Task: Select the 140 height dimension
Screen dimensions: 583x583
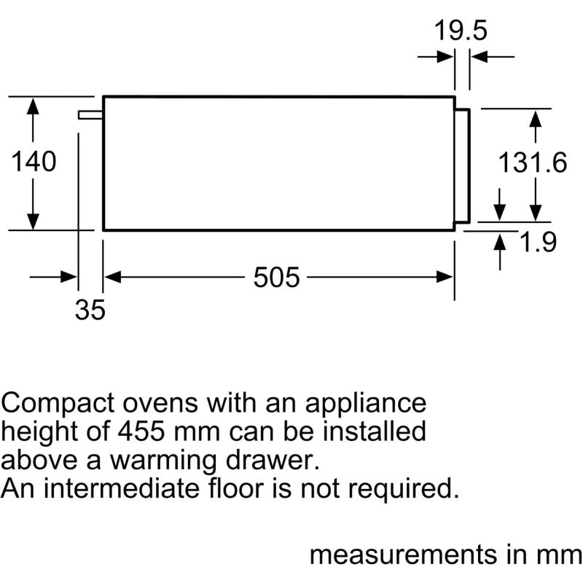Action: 34,161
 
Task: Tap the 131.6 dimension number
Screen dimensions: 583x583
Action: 533,163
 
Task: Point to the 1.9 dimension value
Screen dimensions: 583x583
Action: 538,242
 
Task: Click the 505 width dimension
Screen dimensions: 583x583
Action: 276,277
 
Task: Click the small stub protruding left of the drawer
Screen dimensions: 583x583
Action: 90,115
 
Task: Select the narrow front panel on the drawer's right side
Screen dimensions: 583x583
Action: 463,166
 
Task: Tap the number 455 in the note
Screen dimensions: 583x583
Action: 141,431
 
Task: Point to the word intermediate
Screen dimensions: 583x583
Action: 122,488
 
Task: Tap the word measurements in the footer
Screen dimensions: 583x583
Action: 404,555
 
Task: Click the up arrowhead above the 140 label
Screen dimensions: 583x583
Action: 33,106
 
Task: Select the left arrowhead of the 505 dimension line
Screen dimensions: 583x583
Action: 113,277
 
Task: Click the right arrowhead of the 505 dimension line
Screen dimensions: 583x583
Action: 445,277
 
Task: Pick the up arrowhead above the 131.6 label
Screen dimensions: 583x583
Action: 536,119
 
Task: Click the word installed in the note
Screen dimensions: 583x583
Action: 374,431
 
